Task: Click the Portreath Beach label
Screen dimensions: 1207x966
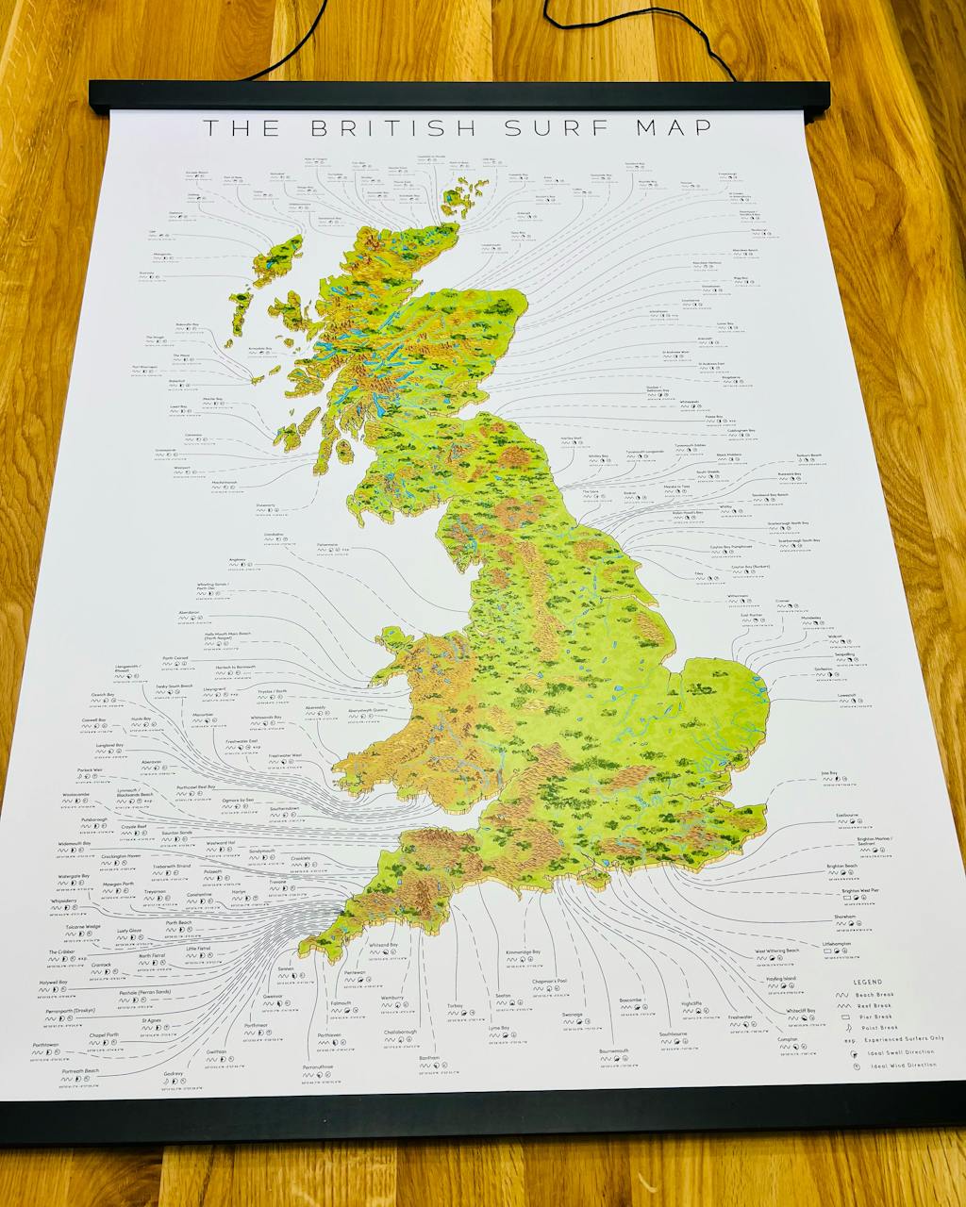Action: tap(80, 1072)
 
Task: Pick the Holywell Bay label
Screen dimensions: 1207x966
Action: tap(53, 983)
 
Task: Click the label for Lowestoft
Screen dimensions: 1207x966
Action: tap(846, 696)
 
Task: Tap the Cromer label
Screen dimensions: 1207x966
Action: tap(782, 601)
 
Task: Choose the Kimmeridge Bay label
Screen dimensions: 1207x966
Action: tap(524, 952)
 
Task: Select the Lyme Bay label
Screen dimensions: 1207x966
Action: tap(499, 1028)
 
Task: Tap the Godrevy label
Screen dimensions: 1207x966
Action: tap(174, 1073)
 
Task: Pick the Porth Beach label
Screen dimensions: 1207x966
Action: tap(178, 923)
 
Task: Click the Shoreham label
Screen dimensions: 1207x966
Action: tap(844, 917)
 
